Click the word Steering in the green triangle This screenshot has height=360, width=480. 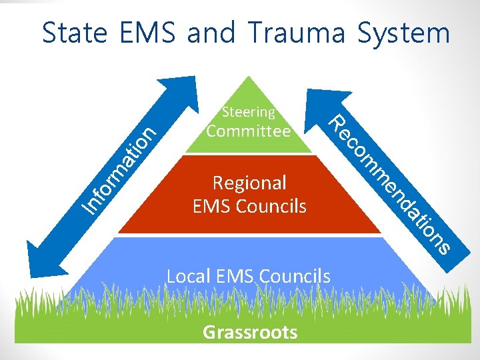248,111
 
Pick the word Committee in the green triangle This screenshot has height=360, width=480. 249,131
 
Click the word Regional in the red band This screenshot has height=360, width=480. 249,183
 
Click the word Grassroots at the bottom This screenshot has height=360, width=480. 250,332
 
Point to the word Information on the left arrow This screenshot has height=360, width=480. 120,171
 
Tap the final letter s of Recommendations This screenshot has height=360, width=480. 442,247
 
